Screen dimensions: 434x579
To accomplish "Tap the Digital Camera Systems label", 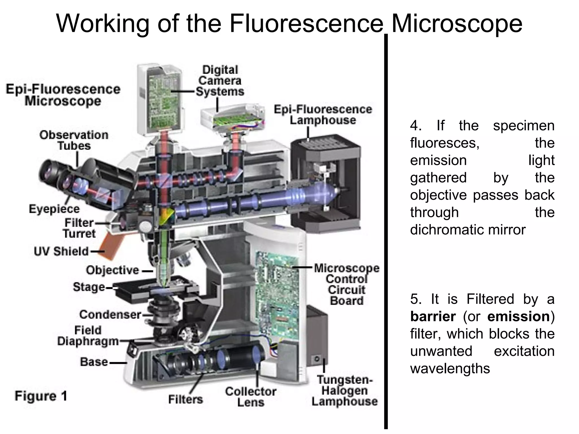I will (220, 81).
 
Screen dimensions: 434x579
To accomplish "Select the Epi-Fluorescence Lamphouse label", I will (323, 115).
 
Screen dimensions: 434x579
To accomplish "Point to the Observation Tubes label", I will (74, 140).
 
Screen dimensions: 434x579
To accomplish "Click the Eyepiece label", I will (54, 209).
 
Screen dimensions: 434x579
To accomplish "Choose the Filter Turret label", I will (79, 228).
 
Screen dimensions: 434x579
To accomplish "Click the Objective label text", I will (113, 270).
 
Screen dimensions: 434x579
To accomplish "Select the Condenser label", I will (110, 314).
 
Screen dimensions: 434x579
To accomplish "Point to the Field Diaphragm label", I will (88, 336).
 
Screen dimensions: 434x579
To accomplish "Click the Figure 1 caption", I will (41, 396).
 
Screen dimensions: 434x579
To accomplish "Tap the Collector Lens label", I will (250, 397).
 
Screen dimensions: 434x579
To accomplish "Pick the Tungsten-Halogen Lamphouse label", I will (344, 390).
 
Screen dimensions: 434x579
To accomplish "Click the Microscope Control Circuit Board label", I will (347, 284).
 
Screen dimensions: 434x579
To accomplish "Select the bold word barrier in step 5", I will (433, 316).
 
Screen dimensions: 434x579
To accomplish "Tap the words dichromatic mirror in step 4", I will (468, 230).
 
